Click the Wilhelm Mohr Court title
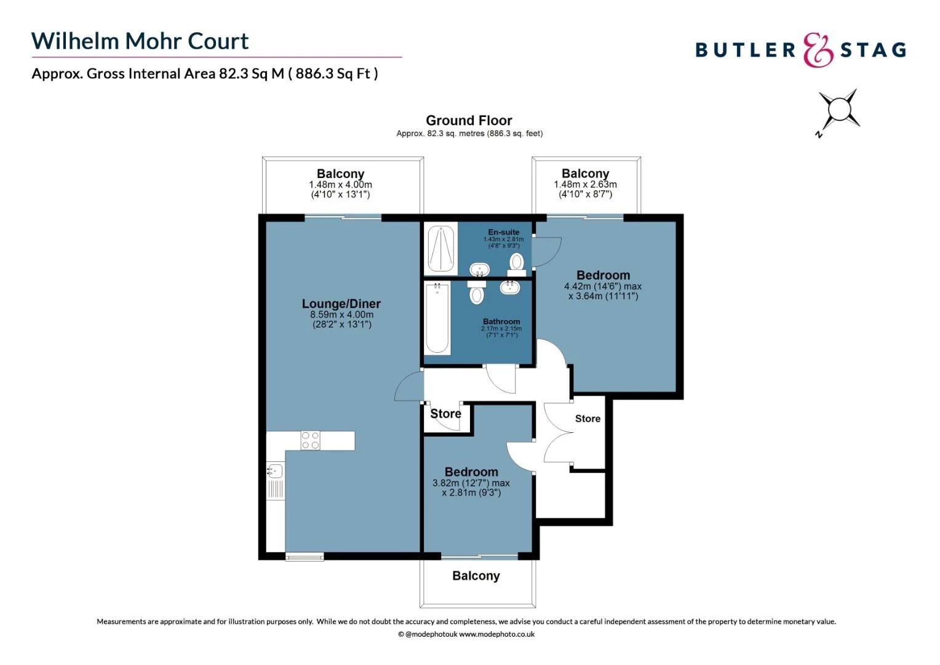click(x=140, y=41)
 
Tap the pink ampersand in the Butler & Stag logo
click(x=818, y=50)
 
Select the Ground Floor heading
click(x=469, y=121)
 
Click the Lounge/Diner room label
click(x=341, y=304)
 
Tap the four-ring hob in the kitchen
click(x=310, y=440)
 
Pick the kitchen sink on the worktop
click(x=275, y=472)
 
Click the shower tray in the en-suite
click(x=440, y=249)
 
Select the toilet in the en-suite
click(x=517, y=263)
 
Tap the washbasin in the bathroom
click(x=509, y=286)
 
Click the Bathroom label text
click(x=501, y=321)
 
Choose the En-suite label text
click(x=503, y=232)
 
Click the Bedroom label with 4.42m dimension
click(x=603, y=276)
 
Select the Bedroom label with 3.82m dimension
click(x=471, y=472)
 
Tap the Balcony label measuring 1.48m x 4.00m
click(x=340, y=174)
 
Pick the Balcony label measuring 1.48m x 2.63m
click(x=585, y=174)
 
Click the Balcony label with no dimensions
click(x=476, y=576)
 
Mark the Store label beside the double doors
click(x=587, y=419)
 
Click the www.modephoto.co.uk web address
click(x=496, y=634)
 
